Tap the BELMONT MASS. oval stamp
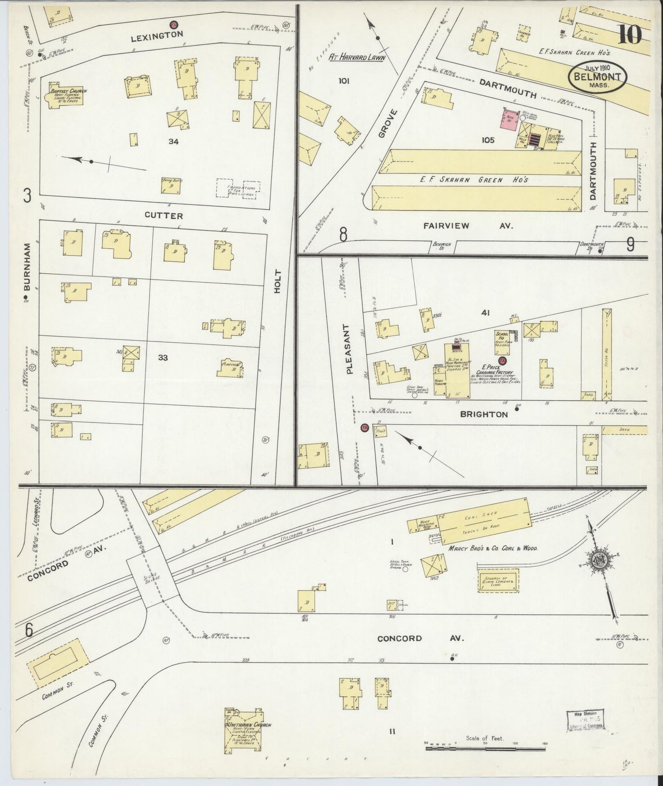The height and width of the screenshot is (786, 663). click(597, 78)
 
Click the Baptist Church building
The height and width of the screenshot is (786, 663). click(64, 96)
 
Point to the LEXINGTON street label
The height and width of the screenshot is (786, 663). click(157, 34)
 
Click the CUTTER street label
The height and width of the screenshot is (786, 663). click(164, 215)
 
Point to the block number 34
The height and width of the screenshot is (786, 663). click(173, 142)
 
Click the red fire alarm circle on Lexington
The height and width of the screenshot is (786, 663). click(173, 24)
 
